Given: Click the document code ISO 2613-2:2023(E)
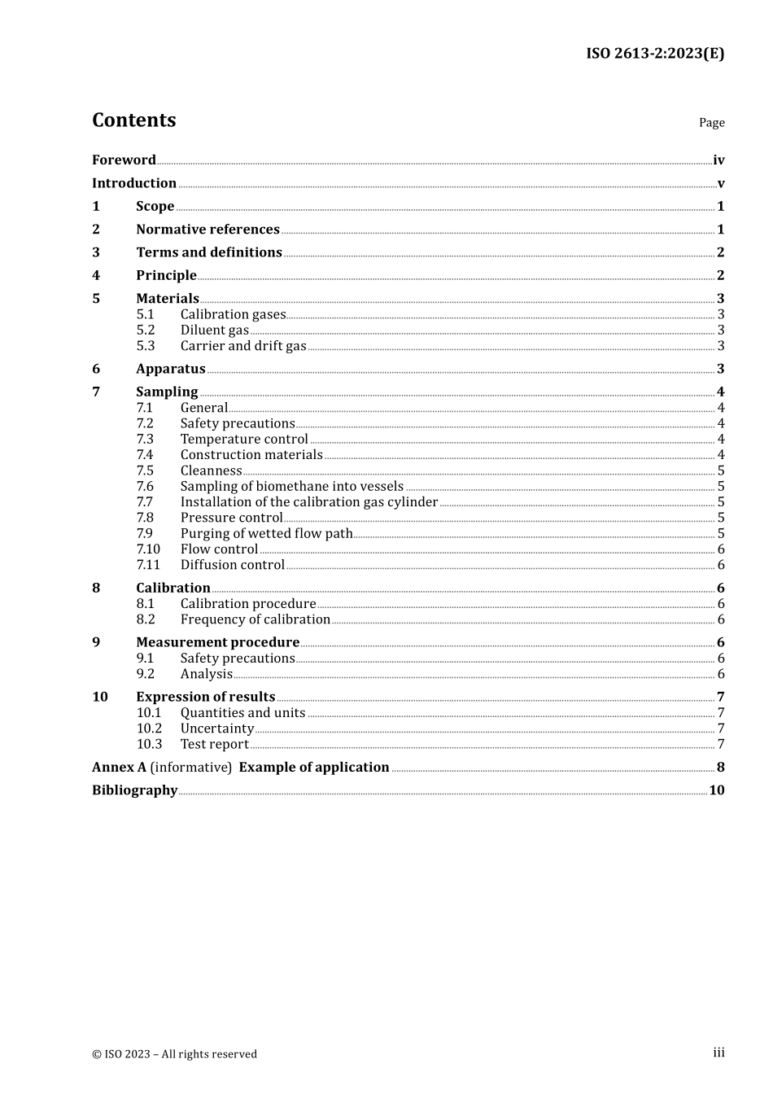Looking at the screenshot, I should tap(654, 54).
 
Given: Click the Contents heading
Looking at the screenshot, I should tap(133, 120).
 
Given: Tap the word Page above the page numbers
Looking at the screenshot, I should tap(711, 123).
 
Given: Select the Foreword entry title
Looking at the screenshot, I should tap(124, 160).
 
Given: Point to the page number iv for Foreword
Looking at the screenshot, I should tap(718, 160).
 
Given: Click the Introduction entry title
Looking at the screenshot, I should tap(134, 183).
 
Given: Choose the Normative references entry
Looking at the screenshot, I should tap(207, 230).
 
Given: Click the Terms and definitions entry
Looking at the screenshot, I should tap(209, 252).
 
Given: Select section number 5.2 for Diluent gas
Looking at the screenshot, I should tap(145, 330).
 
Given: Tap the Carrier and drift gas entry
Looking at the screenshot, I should tap(243, 346).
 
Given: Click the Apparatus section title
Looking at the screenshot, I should tap(170, 370).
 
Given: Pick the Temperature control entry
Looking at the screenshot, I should tap(244, 440).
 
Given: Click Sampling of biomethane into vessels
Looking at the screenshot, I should tap(291, 487).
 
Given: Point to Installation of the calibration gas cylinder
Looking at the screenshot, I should tap(308, 502).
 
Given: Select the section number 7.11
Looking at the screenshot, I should tap(148, 565).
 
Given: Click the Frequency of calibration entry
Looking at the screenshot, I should tap(255, 619).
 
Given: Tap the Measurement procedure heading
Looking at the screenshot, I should tap(217, 643).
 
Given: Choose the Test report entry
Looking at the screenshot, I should tap(214, 745).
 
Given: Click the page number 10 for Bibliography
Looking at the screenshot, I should tap(716, 790).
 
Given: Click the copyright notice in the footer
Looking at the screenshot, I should tap(174, 1054).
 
